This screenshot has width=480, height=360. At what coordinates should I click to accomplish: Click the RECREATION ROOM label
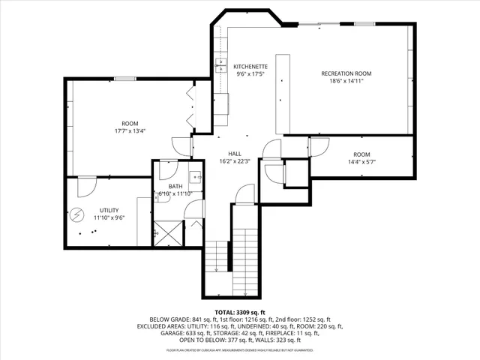click(346, 73)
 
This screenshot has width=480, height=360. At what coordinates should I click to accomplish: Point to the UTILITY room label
click(109, 211)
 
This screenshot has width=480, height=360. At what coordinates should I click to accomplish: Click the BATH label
click(175, 186)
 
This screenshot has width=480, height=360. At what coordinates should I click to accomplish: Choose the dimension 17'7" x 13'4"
click(130, 130)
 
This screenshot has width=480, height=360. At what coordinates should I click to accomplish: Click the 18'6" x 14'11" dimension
click(346, 81)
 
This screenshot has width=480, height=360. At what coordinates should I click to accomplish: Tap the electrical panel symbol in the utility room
click(76, 215)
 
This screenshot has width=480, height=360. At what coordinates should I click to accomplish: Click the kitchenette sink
click(220, 64)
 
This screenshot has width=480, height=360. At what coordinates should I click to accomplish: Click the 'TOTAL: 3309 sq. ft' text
click(239, 311)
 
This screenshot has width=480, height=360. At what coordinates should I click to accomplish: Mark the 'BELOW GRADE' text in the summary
click(168, 319)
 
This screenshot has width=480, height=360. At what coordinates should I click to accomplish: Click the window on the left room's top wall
click(124, 79)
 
